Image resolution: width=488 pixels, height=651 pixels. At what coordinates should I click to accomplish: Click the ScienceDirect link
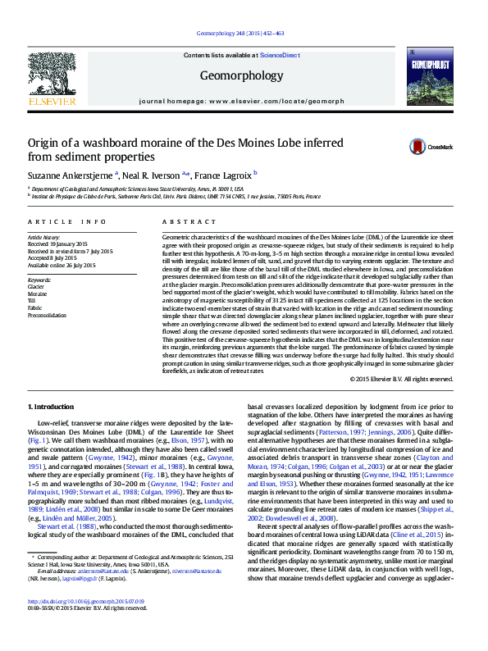pyautogui.click(x=279, y=55)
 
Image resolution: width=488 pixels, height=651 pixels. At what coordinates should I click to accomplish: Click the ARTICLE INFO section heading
pyautogui.click(x=67, y=222)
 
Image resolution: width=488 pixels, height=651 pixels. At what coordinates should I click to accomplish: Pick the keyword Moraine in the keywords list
pyautogui.click(x=38, y=293)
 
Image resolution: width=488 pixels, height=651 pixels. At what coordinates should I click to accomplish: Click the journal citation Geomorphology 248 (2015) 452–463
pyautogui.click(x=241, y=33)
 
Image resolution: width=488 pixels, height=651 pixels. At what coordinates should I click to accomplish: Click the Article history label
pyautogui.click(x=43, y=237)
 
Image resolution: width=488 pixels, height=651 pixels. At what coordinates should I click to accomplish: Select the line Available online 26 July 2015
pyautogui.click(x=62, y=265)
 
